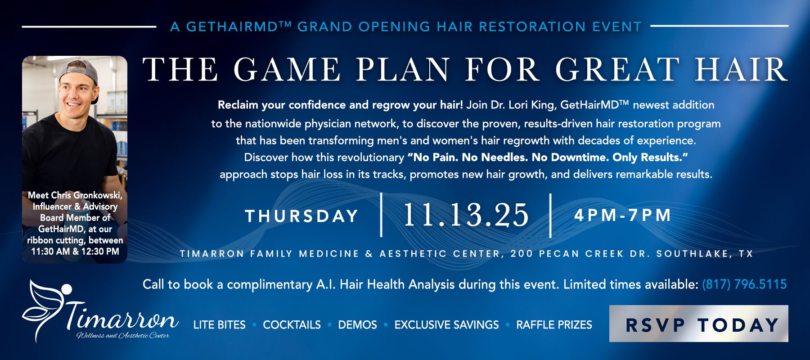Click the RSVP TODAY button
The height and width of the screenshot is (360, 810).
698,324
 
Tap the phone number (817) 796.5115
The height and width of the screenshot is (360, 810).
744,284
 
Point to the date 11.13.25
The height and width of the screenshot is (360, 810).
466,215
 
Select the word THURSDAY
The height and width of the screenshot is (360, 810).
301,216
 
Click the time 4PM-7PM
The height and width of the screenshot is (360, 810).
623,215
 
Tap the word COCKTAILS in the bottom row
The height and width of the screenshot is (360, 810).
292,325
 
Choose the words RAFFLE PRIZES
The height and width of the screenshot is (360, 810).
554,325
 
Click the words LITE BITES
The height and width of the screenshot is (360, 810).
220,325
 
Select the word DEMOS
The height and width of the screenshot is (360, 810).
357,325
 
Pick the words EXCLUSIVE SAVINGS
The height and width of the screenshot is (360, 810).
446,325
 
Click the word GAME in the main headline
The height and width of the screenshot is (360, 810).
287,70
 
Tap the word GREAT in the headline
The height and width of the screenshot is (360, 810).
616,70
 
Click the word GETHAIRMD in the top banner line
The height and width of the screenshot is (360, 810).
235,27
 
